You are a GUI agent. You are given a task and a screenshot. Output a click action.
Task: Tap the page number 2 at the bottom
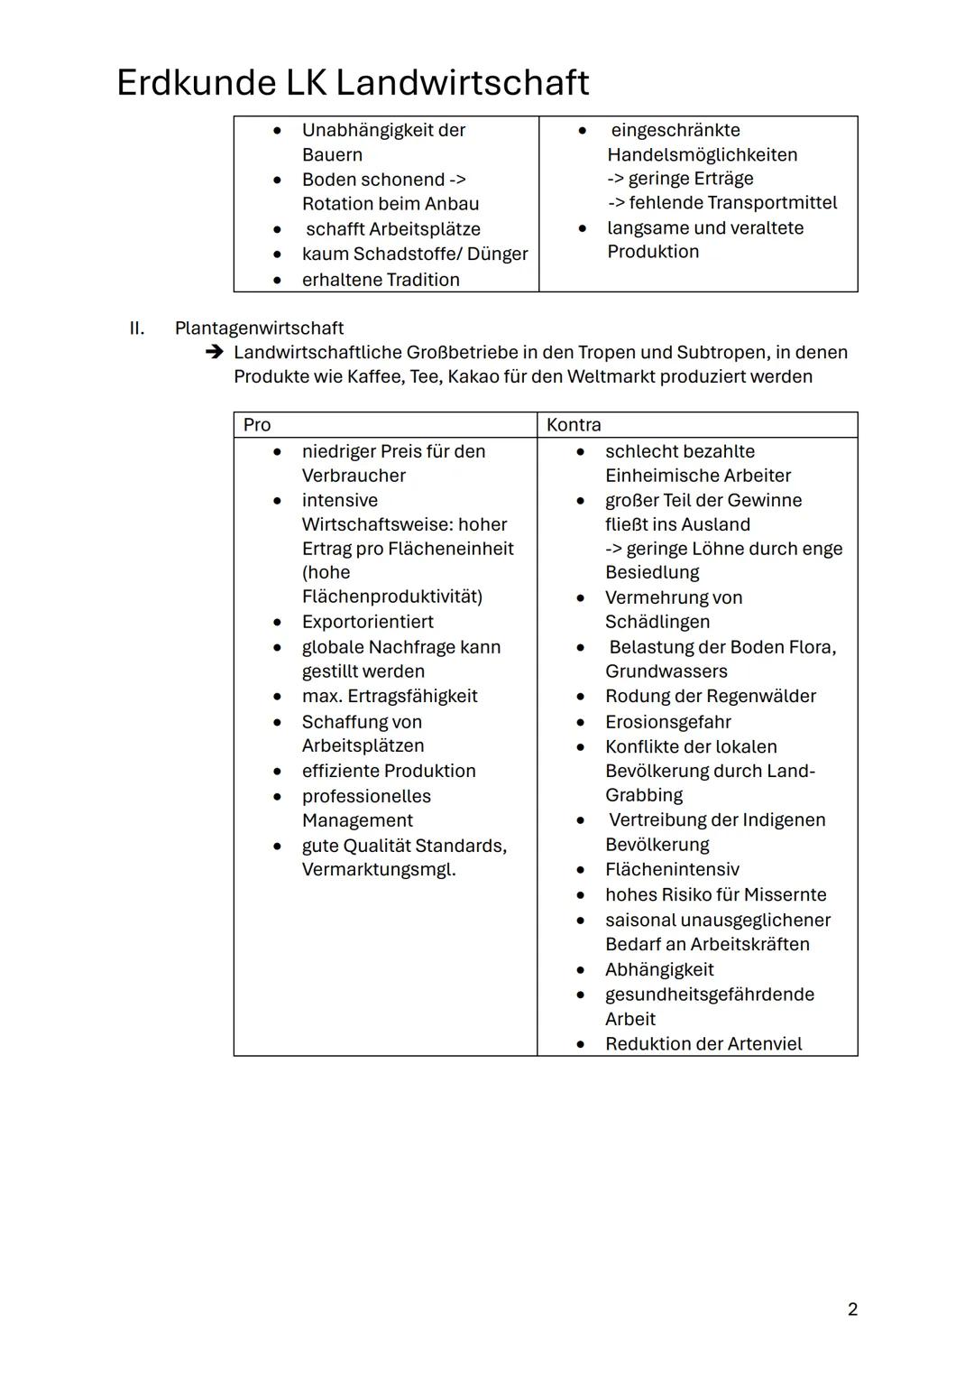[x=852, y=1309]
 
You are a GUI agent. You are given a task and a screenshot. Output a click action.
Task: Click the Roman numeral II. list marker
[x=136, y=328]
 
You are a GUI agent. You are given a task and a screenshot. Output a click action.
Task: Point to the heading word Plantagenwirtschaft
[x=259, y=328]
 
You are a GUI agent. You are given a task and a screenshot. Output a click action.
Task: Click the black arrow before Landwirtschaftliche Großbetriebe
[x=214, y=352]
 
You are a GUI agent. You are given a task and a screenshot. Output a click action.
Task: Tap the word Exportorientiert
[x=367, y=622]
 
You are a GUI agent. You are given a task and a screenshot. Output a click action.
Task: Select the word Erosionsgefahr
[x=667, y=722]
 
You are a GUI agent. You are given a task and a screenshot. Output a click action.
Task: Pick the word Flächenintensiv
[x=672, y=869]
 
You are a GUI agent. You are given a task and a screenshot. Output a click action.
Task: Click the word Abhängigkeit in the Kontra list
[x=659, y=969]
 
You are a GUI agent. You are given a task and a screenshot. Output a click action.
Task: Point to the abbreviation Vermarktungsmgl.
[x=379, y=870]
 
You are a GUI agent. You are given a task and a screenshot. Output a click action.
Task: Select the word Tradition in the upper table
[x=418, y=280]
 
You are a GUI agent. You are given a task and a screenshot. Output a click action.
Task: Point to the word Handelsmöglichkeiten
[x=702, y=154]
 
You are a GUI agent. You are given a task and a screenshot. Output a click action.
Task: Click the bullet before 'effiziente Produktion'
[x=278, y=772]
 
